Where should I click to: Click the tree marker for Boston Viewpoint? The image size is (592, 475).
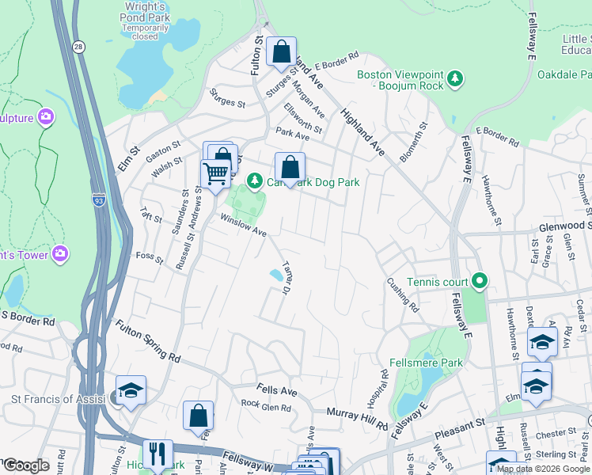[455, 79]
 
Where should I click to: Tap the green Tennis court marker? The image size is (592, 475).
[479, 282]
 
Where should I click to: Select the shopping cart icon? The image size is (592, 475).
[215, 173]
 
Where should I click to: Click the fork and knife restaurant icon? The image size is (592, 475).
[157, 454]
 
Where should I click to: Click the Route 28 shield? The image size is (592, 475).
[78, 47]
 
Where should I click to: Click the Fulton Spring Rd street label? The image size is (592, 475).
[148, 341]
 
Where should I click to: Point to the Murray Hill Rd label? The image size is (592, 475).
[359, 420]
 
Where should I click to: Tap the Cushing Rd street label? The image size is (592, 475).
[402, 293]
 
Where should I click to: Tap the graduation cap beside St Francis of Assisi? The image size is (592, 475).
[131, 389]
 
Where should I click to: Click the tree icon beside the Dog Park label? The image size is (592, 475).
[254, 182]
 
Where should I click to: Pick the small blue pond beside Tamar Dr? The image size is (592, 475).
[276, 275]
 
